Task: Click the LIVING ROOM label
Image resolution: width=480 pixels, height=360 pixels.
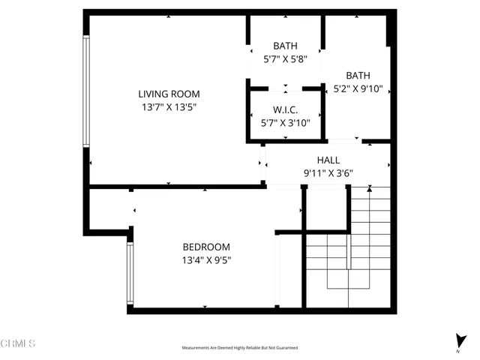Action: click(169, 94)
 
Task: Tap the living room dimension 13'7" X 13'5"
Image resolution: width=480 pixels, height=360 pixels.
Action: click(169, 107)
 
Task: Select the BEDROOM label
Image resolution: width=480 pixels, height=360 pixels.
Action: click(206, 247)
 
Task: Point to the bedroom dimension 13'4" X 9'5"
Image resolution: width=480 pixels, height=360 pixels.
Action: click(206, 260)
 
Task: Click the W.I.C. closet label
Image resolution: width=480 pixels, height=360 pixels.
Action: click(285, 109)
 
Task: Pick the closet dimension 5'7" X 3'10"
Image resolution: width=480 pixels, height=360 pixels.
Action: click(285, 123)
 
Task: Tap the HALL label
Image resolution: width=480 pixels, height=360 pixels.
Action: click(328, 160)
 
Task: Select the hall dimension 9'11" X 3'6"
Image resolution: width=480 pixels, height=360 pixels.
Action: click(328, 173)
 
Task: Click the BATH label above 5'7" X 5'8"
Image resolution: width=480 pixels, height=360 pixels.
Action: click(285, 46)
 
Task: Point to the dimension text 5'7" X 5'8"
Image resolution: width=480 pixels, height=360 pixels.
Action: click(285, 59)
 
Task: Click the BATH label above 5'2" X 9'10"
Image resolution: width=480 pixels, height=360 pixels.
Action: click(358, 75)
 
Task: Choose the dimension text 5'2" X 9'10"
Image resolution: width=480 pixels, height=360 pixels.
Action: click(358, 88)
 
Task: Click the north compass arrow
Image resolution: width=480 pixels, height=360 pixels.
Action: click(458, 340)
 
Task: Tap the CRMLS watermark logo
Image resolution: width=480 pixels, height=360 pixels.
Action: click(18, 344)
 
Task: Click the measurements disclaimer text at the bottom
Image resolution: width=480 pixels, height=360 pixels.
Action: click(239, 348)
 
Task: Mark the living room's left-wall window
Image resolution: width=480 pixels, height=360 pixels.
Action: click(86, 91)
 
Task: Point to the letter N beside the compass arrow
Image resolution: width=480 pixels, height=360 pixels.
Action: click(458, 351)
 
